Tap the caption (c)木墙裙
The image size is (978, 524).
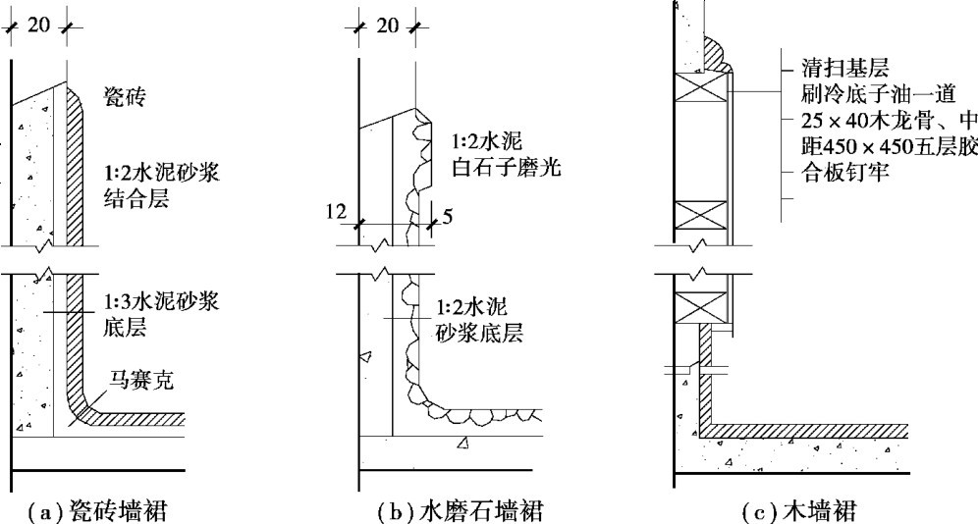[x=801, y=510]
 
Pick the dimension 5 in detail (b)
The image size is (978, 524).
[x=448, y=218]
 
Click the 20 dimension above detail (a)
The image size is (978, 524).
[x=39, y=25]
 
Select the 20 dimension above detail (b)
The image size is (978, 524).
[x=388, y=25]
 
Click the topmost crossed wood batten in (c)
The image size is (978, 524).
[x=699, y=89]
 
